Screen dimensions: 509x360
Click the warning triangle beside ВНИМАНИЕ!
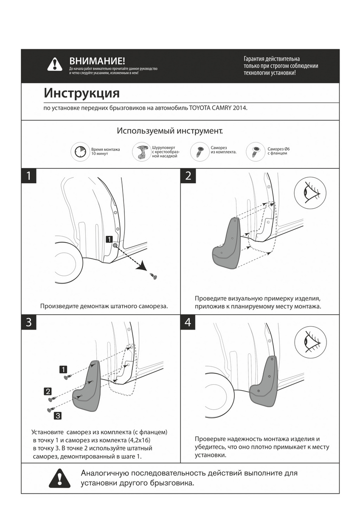tap(55, 64)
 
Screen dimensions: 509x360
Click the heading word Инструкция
tap(82, 93)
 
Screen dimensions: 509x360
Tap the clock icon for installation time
tap(81, 152)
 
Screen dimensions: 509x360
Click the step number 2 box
tap(188, 176)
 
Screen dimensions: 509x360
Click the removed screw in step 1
tap(154, 276)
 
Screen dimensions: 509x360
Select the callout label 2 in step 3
tap(48, 391)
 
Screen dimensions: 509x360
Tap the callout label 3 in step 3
tap(58, 415)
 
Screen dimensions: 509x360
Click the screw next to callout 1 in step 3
tap(67, 377)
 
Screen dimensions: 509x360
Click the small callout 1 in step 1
tap(109, 239)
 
